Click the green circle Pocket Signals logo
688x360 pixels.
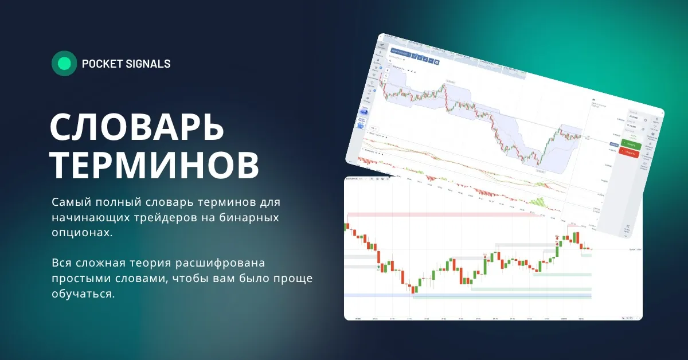[64, 64]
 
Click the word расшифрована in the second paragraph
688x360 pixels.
[226, 263]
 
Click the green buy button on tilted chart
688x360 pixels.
[630, 143]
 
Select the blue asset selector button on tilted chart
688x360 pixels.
[400, 52]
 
